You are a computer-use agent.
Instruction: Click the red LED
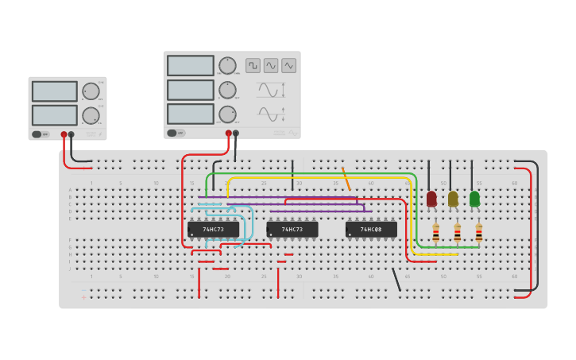(431, 199)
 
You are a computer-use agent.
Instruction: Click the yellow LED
(453, 199)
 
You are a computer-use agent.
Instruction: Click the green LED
(474, 199)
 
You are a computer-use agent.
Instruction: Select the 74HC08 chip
(371, 230)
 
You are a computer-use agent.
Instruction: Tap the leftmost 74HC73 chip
(213, 230)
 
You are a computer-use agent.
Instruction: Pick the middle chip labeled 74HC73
(292, 230)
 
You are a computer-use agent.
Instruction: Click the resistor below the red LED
(435, 233)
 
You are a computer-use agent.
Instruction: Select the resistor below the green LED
(478, 233)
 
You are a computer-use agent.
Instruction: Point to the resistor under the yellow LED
(457, 233)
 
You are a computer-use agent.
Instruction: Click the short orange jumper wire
(346, 180)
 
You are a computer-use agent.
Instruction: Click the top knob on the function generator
(227, 65)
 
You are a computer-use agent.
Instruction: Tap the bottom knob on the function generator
(227, 114)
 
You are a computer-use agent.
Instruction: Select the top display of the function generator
(191, 65)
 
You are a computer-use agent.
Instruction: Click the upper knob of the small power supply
(91, 91)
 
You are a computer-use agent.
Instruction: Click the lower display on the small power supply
(55, 115)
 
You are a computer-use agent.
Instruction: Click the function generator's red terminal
(229, 134)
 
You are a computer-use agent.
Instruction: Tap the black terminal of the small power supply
(72, 135)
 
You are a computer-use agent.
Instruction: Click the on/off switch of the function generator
(172, 133)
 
